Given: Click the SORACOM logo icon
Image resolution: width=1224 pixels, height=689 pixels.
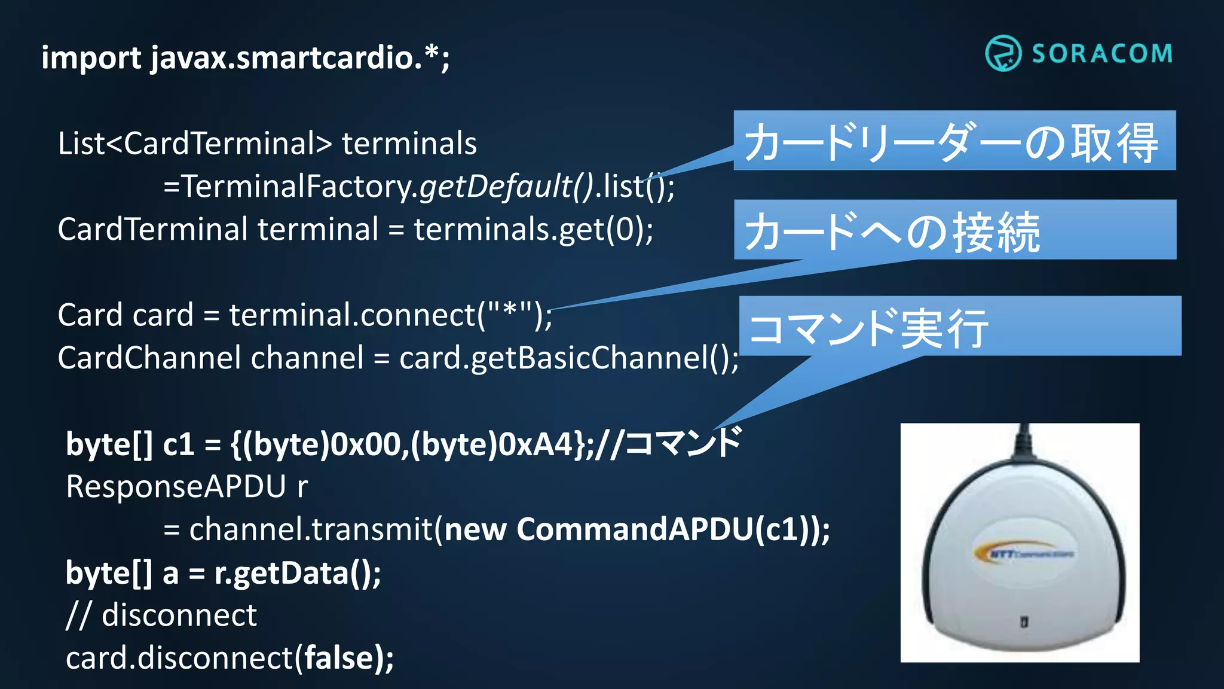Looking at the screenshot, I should pos(1003,53).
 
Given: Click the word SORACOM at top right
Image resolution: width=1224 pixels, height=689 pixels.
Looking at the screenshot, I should pos(1102,54).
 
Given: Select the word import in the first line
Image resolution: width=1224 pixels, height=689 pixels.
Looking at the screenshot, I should pos(91,59).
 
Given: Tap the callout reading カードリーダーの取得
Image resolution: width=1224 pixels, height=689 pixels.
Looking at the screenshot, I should pos(954,141).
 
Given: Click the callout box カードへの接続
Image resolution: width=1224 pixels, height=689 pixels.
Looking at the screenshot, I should pos(954,230).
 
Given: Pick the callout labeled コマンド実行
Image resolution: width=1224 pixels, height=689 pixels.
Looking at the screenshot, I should pos(959,327).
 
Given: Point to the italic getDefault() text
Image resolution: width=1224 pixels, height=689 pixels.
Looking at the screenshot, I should pos(506,186).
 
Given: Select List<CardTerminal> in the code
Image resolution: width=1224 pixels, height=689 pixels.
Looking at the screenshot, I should pos(194,144).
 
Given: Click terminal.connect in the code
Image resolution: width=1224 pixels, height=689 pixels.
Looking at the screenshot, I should pos(353,315).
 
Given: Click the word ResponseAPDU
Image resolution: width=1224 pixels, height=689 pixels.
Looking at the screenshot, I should pos(176,486).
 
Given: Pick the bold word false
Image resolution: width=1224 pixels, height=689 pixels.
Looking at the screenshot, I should pos(339,658).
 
